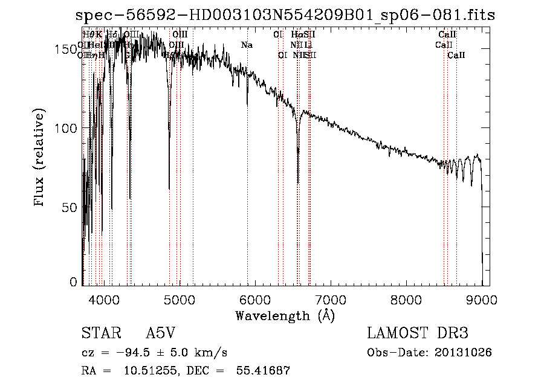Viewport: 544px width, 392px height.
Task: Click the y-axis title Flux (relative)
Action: [40, 159]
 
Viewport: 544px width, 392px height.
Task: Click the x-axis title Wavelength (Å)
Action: [285, 315]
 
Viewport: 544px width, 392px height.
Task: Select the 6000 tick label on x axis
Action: [254, 299]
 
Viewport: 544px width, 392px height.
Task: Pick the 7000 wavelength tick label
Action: [330, 299]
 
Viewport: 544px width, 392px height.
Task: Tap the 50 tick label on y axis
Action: [69, 207]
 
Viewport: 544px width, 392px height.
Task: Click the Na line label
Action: [247, 45]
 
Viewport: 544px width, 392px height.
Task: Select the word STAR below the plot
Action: [100, 334]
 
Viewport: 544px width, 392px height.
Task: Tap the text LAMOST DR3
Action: [417, 334]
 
